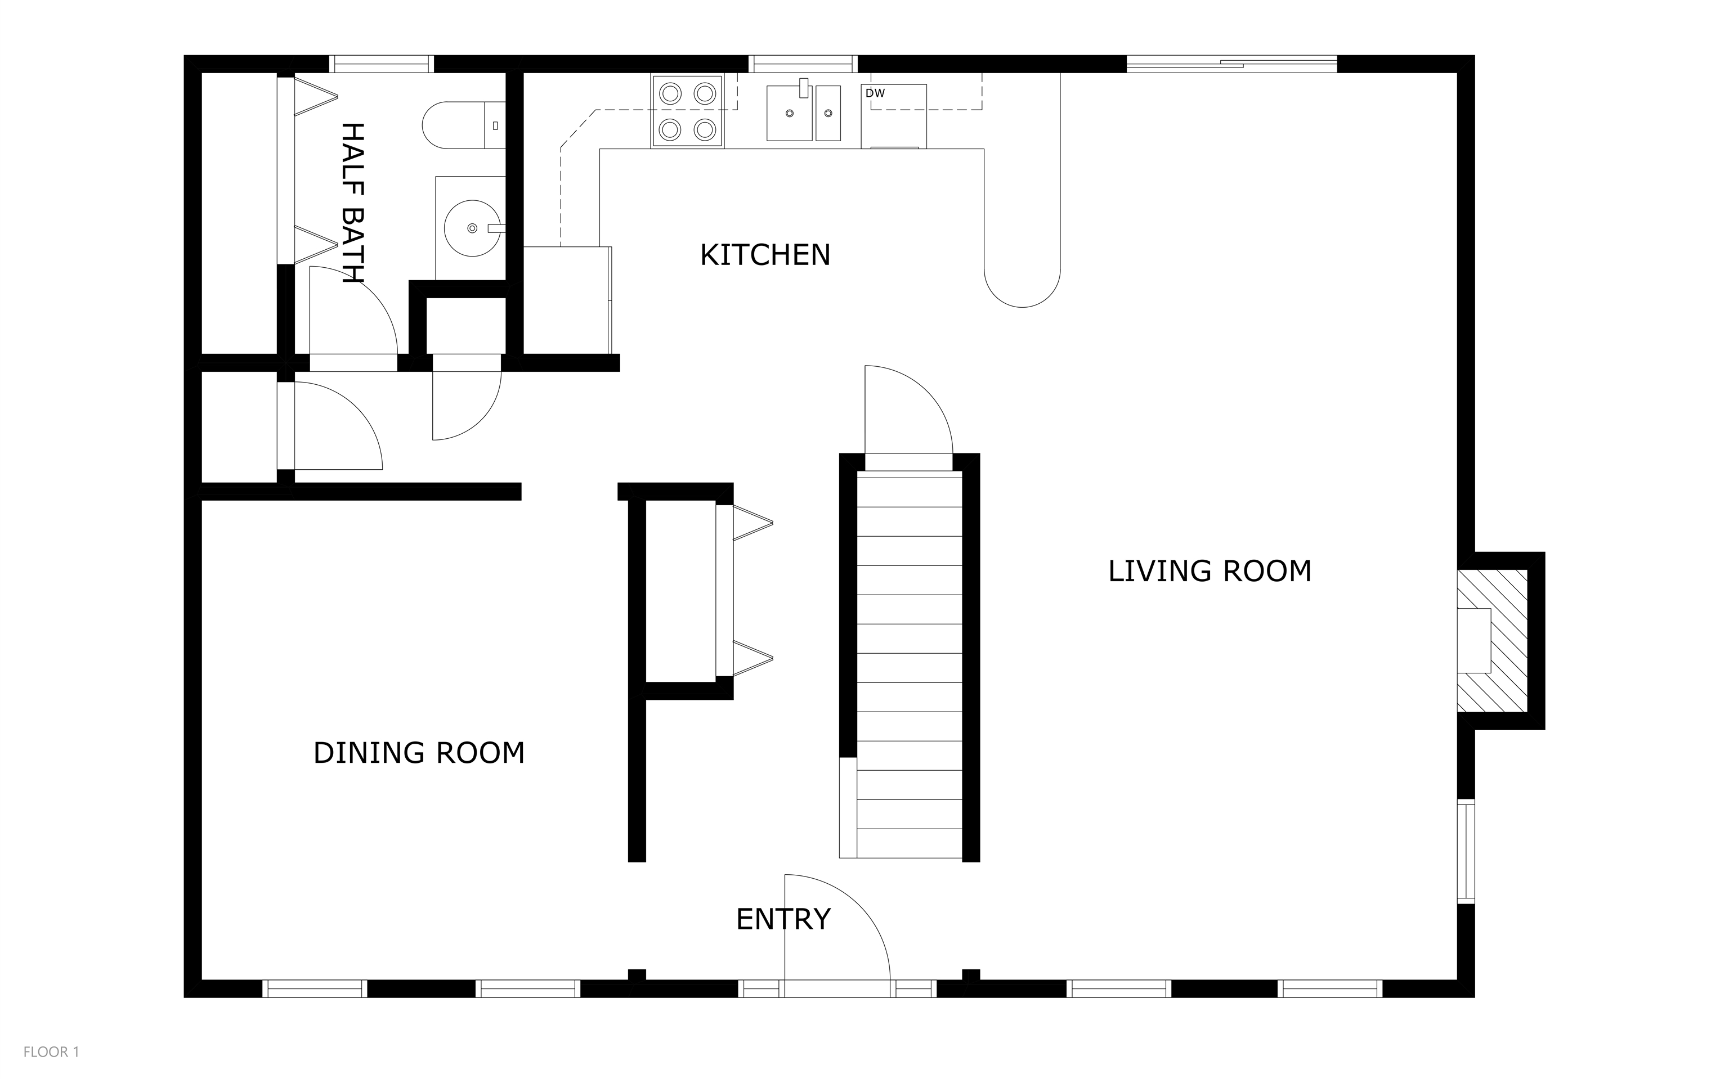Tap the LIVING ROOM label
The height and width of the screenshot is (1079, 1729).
click(x=1210, y=571)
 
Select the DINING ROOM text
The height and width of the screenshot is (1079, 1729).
click(x=419, y=753)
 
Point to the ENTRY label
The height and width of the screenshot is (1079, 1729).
click(x=783, y=919)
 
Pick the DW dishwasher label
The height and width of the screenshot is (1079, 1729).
click(x=875, y=93)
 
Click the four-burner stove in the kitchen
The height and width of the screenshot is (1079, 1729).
click(x=687, y=111)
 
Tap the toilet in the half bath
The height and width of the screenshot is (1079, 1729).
click(x=463, y=125)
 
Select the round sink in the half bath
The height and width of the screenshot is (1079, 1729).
click(x=472, y=228)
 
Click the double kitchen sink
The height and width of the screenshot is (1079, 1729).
click(x=803, y=113)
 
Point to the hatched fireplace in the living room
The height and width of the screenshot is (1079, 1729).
click(x=1492, y=640)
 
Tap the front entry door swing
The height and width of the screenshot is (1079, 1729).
click(x=837, y=927)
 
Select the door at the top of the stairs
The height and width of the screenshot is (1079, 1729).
click(x=908, y=410)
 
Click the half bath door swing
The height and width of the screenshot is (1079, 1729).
click(x=353, y=310)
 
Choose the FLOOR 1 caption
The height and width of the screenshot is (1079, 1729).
click(x=51, y=1052)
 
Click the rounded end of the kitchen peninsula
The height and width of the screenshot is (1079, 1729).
click(x=1022, y=285)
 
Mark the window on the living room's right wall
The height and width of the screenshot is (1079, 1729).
click(x=1466, y=851)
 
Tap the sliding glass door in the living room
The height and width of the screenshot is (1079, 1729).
click(x=1231, y=64)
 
